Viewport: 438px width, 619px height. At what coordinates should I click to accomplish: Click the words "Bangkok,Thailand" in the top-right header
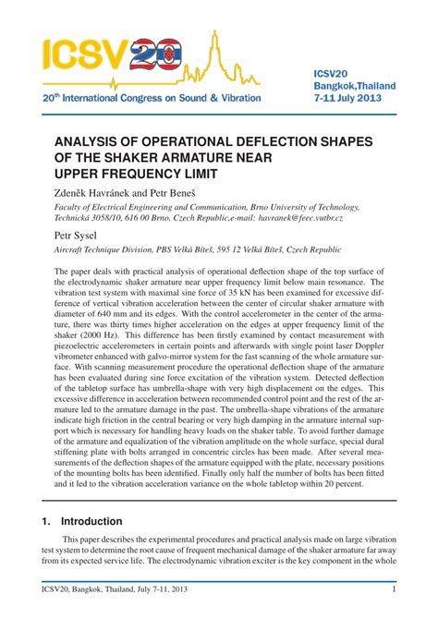(355, 86)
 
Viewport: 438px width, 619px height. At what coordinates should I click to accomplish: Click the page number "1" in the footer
(395, 591)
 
